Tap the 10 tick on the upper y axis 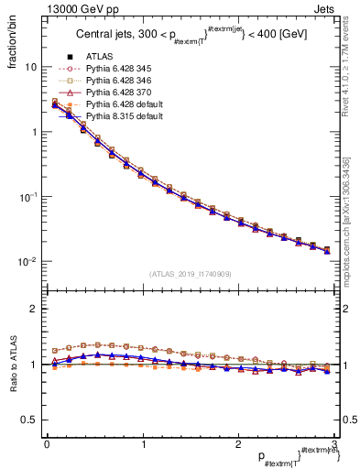click(x=30, y=67)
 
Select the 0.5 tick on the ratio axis click(x=28, y=420)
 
